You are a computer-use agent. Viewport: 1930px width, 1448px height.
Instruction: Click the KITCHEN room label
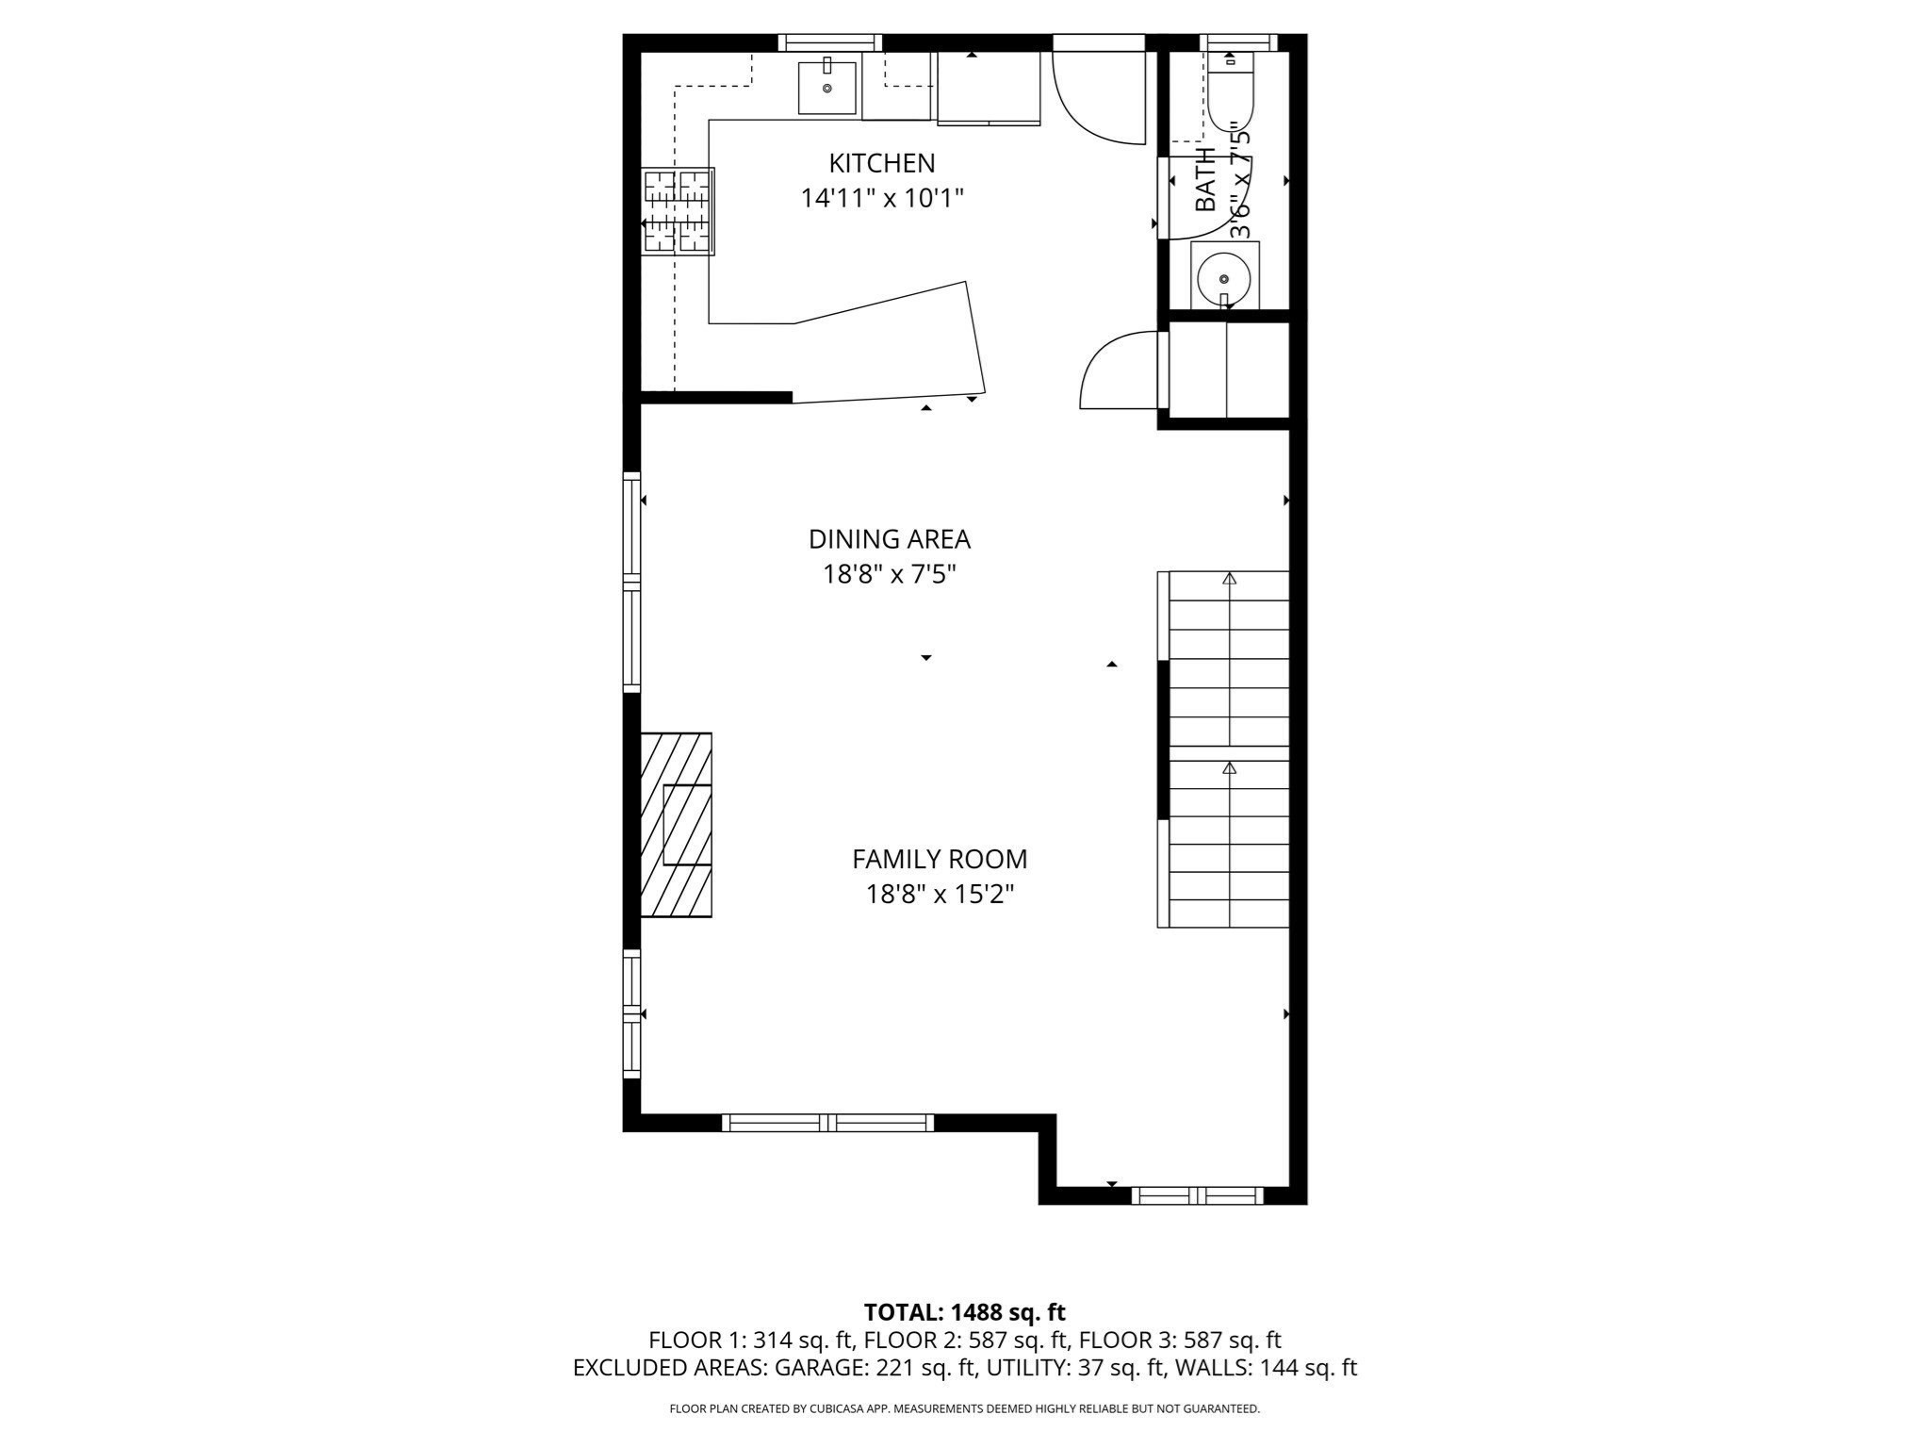coord(881,163)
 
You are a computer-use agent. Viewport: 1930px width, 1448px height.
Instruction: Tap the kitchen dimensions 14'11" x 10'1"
coord(881,199)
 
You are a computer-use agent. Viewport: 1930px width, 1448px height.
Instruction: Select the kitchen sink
coord(827,87)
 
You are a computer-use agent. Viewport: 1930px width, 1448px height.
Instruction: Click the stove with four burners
coord(678,211)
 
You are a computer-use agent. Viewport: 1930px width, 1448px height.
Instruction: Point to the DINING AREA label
coord(889,539)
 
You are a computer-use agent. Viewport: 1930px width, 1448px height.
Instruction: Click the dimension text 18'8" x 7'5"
coord(889,574)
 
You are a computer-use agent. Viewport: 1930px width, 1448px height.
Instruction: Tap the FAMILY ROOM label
coord(939,859)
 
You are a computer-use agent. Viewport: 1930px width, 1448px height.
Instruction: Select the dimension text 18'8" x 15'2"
coord(939,894)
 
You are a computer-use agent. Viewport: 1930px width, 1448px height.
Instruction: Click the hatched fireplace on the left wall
coord(676,824)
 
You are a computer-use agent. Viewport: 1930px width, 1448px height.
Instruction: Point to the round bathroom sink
coord(1223,278)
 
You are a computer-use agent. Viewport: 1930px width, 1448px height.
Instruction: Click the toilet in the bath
coord(1230,94)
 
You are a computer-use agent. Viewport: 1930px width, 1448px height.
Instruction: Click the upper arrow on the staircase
coord(1229,579)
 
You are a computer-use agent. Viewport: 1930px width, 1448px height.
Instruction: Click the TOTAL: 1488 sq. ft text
coord(964,1312)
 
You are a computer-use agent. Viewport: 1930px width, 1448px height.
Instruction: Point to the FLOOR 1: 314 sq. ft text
coord(750,1340)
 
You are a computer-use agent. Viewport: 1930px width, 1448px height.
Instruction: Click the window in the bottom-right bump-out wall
coord(1197,1195)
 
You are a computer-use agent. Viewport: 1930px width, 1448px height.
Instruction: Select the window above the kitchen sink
coord(829,42)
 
